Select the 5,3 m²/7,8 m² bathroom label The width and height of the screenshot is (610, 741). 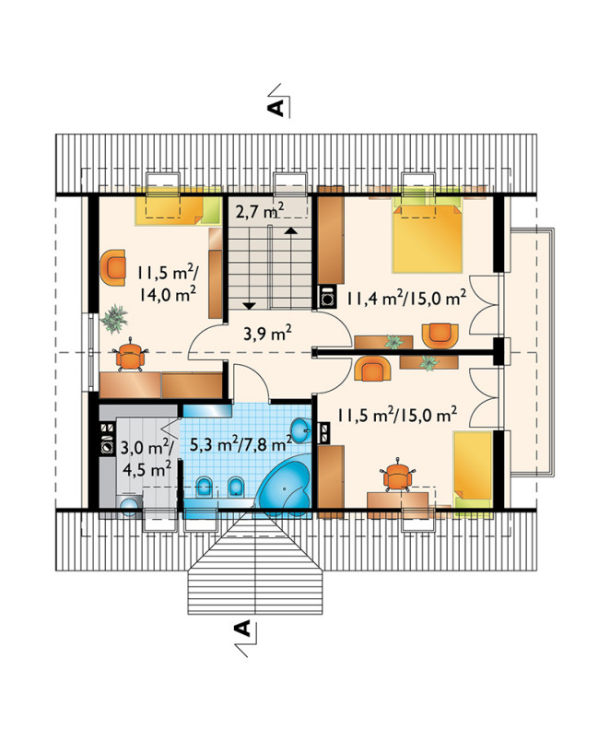240,443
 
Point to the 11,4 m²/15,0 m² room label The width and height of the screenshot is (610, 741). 406,298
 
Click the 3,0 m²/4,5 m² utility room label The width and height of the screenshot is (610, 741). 147,457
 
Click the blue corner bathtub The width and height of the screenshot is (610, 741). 285,488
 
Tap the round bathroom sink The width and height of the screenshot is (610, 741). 299,430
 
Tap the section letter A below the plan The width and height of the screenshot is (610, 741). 242,628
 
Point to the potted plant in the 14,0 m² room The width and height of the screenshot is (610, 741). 114,319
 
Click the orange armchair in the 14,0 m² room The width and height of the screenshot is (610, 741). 112,267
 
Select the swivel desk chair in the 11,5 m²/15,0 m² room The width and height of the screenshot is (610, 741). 398,475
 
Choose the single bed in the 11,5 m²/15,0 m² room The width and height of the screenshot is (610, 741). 473,471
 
